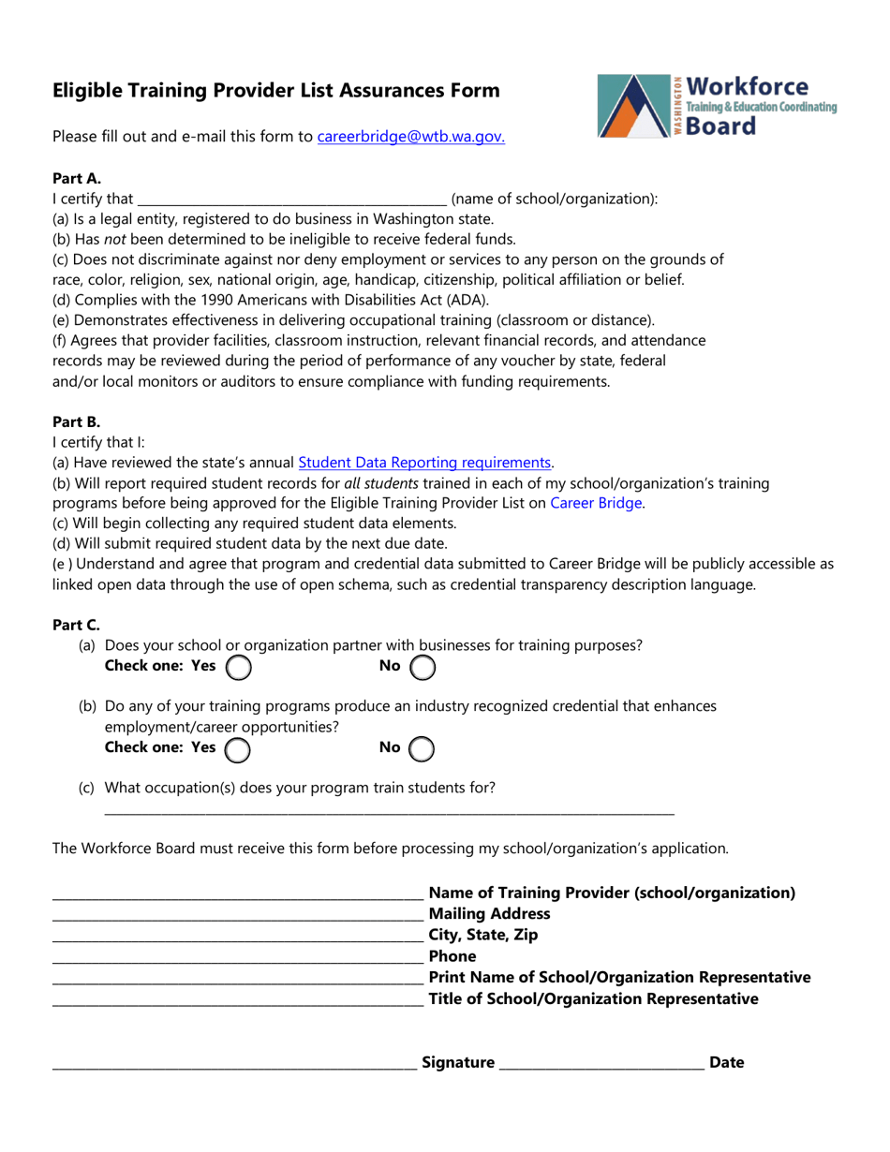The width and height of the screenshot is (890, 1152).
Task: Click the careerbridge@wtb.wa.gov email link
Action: [x=411, y=137]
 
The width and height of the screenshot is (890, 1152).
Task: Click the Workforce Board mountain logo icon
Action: [x=633, y=107]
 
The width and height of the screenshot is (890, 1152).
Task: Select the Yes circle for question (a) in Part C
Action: [x=239, y=667]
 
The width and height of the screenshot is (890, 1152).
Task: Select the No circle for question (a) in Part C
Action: [x=423, y=667]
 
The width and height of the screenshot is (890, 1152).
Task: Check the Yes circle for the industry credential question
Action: [x=239, y=748]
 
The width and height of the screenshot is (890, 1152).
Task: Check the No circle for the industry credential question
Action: [x=423, y=748]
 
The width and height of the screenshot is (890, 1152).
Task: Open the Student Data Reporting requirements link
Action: [x=424, y=462]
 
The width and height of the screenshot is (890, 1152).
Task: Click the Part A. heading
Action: [x=76, y=178]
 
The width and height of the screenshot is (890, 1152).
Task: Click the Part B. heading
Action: [x=76, y=421]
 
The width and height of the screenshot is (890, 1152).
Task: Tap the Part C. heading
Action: [x=76, y=625]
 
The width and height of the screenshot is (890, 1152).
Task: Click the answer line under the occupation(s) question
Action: [x=389, y=811]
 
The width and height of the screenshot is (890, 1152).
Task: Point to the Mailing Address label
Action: [x=489, y=913]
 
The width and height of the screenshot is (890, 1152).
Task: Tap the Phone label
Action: [x=452, y=956]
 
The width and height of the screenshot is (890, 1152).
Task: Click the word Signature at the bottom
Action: [x=458, y=1062]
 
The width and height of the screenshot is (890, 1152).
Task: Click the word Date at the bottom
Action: [x=727, y=1062]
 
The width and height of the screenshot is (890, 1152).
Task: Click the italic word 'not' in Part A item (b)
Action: [x=114, y=240]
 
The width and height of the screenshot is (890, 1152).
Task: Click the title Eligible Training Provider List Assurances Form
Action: [x=275, y=91]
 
